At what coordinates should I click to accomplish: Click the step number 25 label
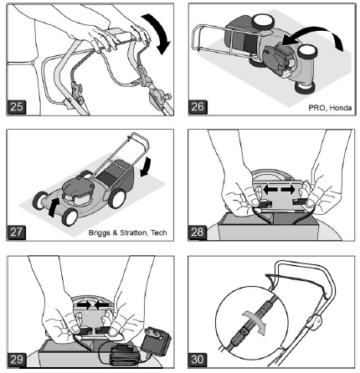(x=18, y=108)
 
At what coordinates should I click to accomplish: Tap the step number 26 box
(x=198, y=107)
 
